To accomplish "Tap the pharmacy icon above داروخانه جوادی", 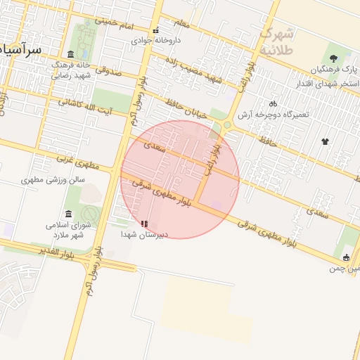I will point(155,30).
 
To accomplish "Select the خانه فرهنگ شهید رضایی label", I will point(70,69).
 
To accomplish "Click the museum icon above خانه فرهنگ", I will point(70,55).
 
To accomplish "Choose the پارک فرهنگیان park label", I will point(333,71).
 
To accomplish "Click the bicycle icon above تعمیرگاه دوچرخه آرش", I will point(274,103).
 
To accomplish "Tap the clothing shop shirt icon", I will point(324,141).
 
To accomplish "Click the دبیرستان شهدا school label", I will point(144,234).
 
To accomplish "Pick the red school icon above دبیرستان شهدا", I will point(144,224).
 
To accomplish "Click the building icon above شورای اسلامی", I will point(68,214).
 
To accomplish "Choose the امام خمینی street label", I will point(115,23).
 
